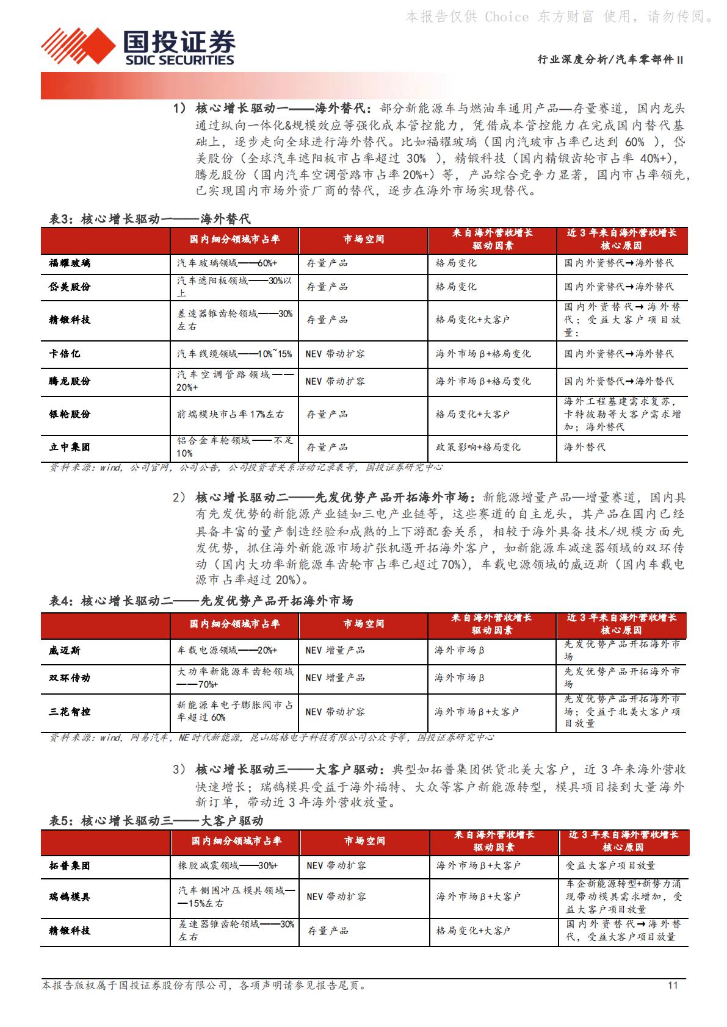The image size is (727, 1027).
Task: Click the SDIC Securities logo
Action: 138,46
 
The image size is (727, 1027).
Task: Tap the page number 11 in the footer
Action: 673,985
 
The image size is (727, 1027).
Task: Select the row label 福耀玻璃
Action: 70,263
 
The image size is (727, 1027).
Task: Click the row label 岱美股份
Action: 70,287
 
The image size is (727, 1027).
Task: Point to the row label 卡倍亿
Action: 65,354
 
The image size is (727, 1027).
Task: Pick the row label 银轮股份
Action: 70,414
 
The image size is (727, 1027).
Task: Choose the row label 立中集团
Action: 70,447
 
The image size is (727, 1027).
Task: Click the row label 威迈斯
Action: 65,651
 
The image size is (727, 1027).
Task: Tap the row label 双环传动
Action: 70,678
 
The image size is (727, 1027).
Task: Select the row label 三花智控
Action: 70,711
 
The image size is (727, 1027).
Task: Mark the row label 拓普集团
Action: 70,865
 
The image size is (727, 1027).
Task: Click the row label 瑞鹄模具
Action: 70,897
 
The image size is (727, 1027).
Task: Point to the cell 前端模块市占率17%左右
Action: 231,414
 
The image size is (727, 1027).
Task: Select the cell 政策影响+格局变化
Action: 478,447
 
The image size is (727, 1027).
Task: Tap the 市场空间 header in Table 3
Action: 364,239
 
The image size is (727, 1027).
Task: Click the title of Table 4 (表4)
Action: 201,601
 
